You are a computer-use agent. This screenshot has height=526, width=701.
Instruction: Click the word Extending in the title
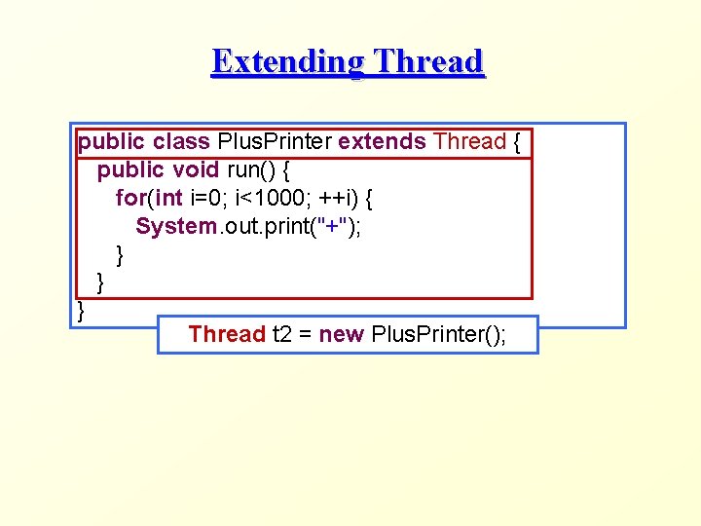[288, 61]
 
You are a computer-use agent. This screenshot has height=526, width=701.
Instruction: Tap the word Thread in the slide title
[428, 61]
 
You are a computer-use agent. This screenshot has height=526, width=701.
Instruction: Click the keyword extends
[382, 141]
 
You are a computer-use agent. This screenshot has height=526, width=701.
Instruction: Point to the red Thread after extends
[469, 141]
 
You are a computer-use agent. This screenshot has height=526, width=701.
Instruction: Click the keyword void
[196, 169]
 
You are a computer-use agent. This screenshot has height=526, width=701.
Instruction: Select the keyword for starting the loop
[130, 198]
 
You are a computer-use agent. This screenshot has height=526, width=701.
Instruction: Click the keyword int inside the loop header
[168, 198]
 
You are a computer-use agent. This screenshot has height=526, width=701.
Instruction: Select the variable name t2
[282, 334]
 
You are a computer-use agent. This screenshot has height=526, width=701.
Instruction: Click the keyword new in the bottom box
[341, 334]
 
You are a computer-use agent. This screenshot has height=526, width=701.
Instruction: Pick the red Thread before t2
[227, 334]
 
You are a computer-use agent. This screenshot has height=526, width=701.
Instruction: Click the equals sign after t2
[305, 334]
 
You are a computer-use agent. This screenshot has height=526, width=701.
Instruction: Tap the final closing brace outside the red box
[82, 312]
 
